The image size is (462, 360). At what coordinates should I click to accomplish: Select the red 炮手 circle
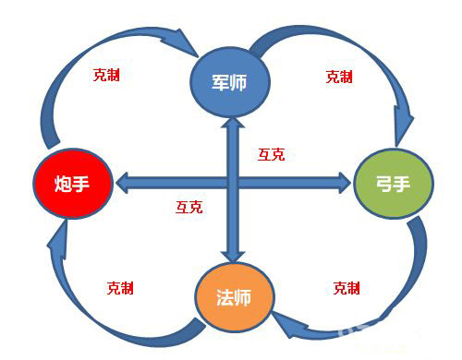[72, 184]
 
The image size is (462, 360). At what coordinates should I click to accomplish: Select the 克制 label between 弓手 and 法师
[346, 288]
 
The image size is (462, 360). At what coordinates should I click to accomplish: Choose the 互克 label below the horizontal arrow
[188, 207]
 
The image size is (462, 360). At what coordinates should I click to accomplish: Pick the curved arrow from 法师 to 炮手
[83, 295]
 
